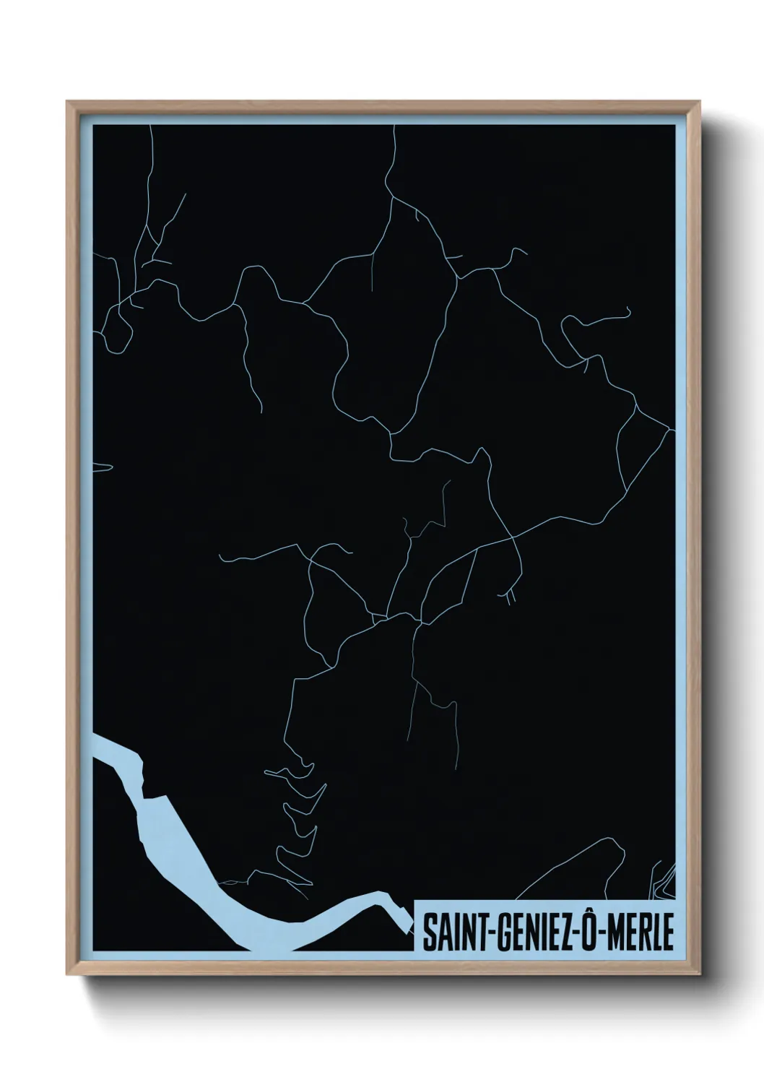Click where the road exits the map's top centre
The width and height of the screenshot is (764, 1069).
coord(395,127)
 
